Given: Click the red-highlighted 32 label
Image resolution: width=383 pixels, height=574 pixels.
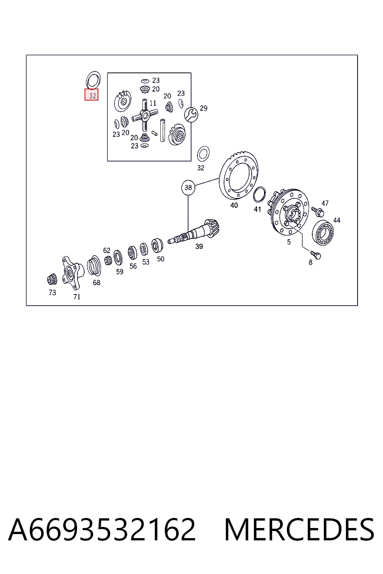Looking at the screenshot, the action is point(91,95).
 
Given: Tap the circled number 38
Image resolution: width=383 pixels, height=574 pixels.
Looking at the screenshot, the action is point(188,188).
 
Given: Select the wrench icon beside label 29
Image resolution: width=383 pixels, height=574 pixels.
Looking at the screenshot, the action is point(191,115).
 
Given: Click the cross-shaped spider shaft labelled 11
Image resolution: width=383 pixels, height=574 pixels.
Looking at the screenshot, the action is point(145,115).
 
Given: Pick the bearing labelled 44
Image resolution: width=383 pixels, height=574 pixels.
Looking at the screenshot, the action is point(323,232).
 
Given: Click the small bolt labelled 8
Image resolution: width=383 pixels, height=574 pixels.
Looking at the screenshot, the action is point(315,255).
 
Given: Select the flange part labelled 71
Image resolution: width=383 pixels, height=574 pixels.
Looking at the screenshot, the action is point(73,272).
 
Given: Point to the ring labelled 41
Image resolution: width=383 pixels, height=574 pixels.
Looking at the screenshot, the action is point(259,195).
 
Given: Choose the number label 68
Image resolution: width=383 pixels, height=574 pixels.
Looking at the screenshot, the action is point(96,283).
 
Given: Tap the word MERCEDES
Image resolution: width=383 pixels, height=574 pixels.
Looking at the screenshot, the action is point(299,530).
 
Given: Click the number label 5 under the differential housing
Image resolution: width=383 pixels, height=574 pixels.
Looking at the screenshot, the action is point(289,242).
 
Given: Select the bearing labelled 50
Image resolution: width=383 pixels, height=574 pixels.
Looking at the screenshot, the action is point(157,245).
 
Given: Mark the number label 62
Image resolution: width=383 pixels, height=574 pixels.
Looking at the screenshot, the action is point(107,250).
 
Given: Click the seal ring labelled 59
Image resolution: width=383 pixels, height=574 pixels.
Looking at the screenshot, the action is point(118,257).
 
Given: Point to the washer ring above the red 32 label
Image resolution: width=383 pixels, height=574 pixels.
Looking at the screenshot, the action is point(93,80).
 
